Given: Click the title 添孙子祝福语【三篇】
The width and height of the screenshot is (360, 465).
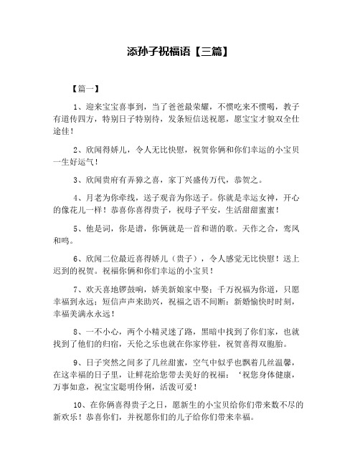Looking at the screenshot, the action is [179, 52].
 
